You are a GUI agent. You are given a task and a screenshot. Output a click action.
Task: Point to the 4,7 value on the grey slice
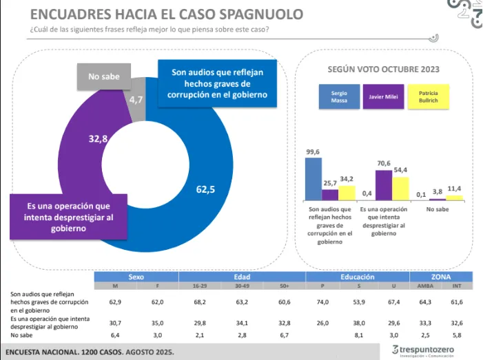click(x=136, y=100)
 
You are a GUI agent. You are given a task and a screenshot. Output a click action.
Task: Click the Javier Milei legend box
click(x=382, y=97)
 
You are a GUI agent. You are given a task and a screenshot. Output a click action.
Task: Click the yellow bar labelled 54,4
click(x=400, y=188)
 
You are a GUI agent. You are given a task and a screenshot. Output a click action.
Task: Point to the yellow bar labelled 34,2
click(x=347, y=193)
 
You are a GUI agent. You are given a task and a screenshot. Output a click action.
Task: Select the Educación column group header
click(x=358, y=277)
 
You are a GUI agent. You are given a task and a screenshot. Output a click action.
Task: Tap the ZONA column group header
click(x=441, y=277)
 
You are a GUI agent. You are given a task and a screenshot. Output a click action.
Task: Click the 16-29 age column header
click(x=201, y=286)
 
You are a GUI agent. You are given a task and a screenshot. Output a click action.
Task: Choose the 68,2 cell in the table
click(x=201, y=301)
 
